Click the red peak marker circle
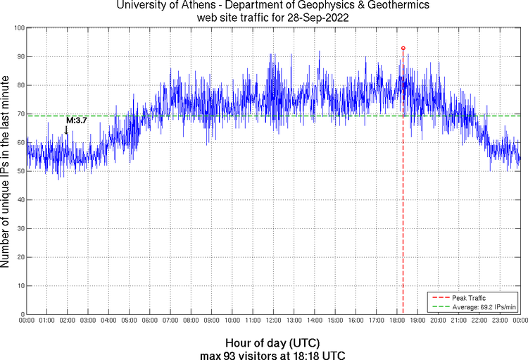(403, 48)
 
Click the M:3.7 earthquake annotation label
(76, 120)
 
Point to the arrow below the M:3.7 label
(66, 130)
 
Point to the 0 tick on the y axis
(21, 314)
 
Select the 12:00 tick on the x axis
(273, 321)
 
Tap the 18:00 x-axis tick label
(396, 321)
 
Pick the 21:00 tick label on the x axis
(458, 321)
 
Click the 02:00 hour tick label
(68, 321)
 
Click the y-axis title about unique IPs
(6, 171)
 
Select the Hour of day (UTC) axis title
(272, 342)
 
